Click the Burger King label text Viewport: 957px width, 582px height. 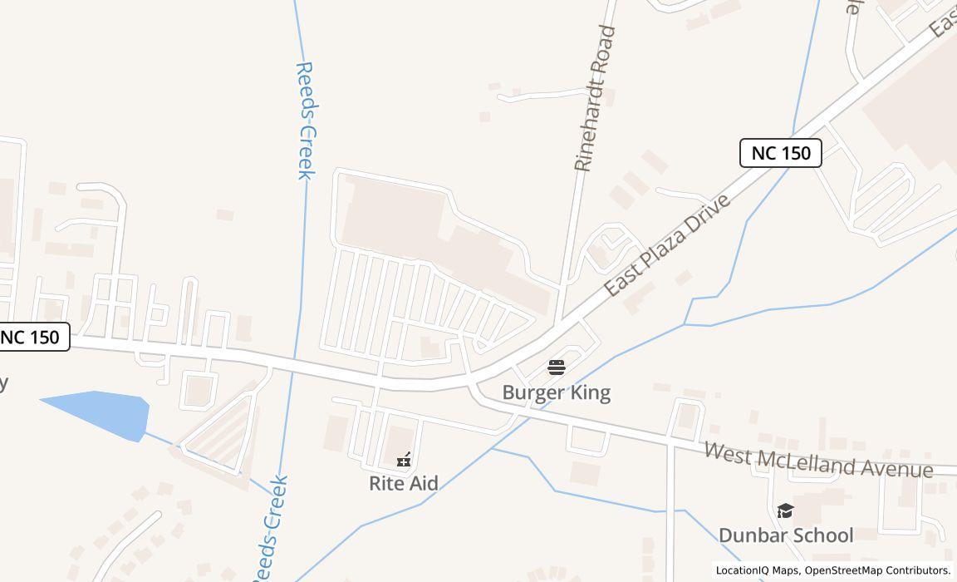pos(556,392)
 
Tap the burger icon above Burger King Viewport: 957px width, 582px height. pos(557,367)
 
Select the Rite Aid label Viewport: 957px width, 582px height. pos(404,483)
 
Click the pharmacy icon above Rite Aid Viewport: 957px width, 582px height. pos(404,459)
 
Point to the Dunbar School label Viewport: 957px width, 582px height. pos(785,535)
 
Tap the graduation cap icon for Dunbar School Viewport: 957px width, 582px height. pos(785,510)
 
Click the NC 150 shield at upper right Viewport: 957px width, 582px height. pos(780,153)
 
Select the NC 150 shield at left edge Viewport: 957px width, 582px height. pos(31,337)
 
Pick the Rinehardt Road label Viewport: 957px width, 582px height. pos(595,99)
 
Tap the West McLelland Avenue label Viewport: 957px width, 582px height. pos(818,461)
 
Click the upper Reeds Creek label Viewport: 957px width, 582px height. pos(305,121)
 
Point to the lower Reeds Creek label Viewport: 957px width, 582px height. pos(269,529)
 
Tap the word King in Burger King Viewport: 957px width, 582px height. pos(587,392)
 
